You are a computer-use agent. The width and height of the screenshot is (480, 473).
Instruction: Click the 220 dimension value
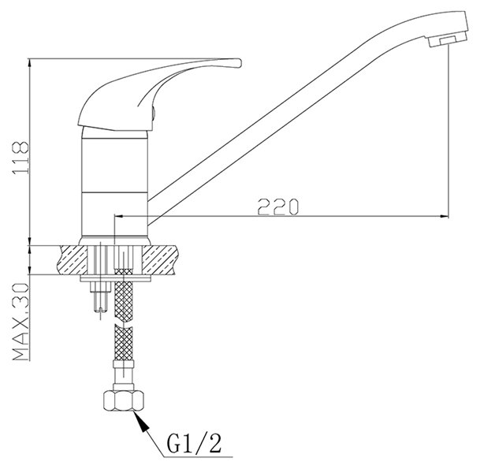click(277, 207)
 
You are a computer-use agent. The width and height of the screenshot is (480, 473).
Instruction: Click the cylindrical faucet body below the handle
click(116, 181)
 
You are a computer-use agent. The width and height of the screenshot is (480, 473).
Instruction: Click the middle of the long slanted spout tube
click(284, 118)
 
